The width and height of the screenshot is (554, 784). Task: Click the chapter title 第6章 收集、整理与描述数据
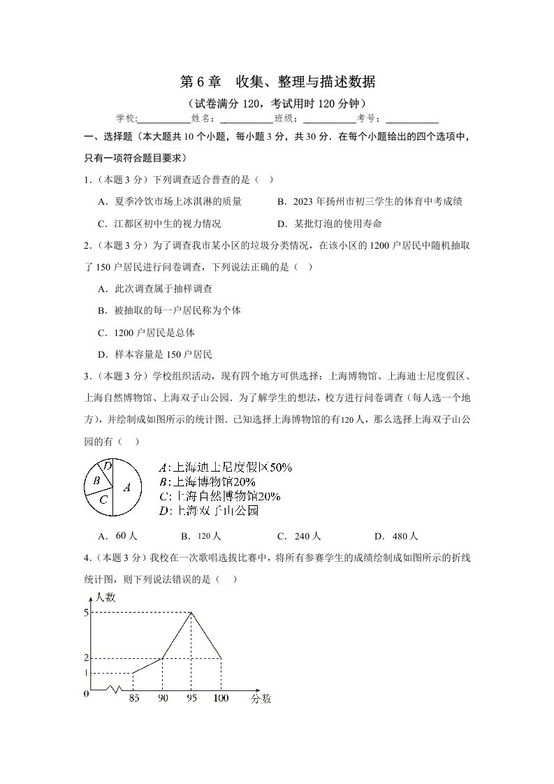[277, 82]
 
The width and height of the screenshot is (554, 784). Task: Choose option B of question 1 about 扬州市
[370, 202]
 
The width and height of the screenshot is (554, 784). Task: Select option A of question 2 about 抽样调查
[155, 289]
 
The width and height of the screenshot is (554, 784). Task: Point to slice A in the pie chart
[126, 488]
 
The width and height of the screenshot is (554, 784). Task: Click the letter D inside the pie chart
[107, 465]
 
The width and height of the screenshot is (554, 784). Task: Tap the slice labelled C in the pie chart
[103, 500]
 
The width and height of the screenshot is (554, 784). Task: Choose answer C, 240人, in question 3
[298, 537]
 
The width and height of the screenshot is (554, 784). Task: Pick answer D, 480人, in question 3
[395, 537]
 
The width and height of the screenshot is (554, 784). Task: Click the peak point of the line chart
[191, 613]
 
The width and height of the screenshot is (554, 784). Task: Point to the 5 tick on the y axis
[86, 613]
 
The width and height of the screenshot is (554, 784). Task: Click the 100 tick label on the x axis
[221, 697]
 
